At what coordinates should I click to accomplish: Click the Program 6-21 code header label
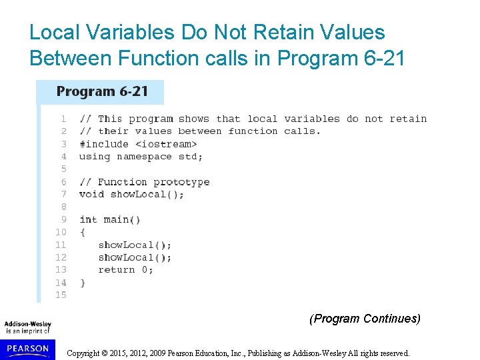click(102, 91)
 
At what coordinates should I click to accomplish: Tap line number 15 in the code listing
click(61, 295)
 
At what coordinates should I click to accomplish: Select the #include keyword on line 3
click(103, 144)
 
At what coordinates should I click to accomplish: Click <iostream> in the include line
click(166, 144)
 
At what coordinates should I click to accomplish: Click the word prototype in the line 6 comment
click(181, 182)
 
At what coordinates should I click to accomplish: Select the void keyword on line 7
click(91, 195)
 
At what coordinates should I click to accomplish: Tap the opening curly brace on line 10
click(83, 232)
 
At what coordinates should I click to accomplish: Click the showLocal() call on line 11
click(135, 245)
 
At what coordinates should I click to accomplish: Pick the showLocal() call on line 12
click(135, 257)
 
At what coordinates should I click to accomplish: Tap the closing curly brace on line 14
click(83, 283)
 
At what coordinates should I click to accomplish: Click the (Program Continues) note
click(365, 319)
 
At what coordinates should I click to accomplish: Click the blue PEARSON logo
click(27, 348)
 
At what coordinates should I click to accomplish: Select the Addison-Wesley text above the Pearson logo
click(28, 325)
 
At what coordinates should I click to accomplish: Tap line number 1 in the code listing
click(63, 119)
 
